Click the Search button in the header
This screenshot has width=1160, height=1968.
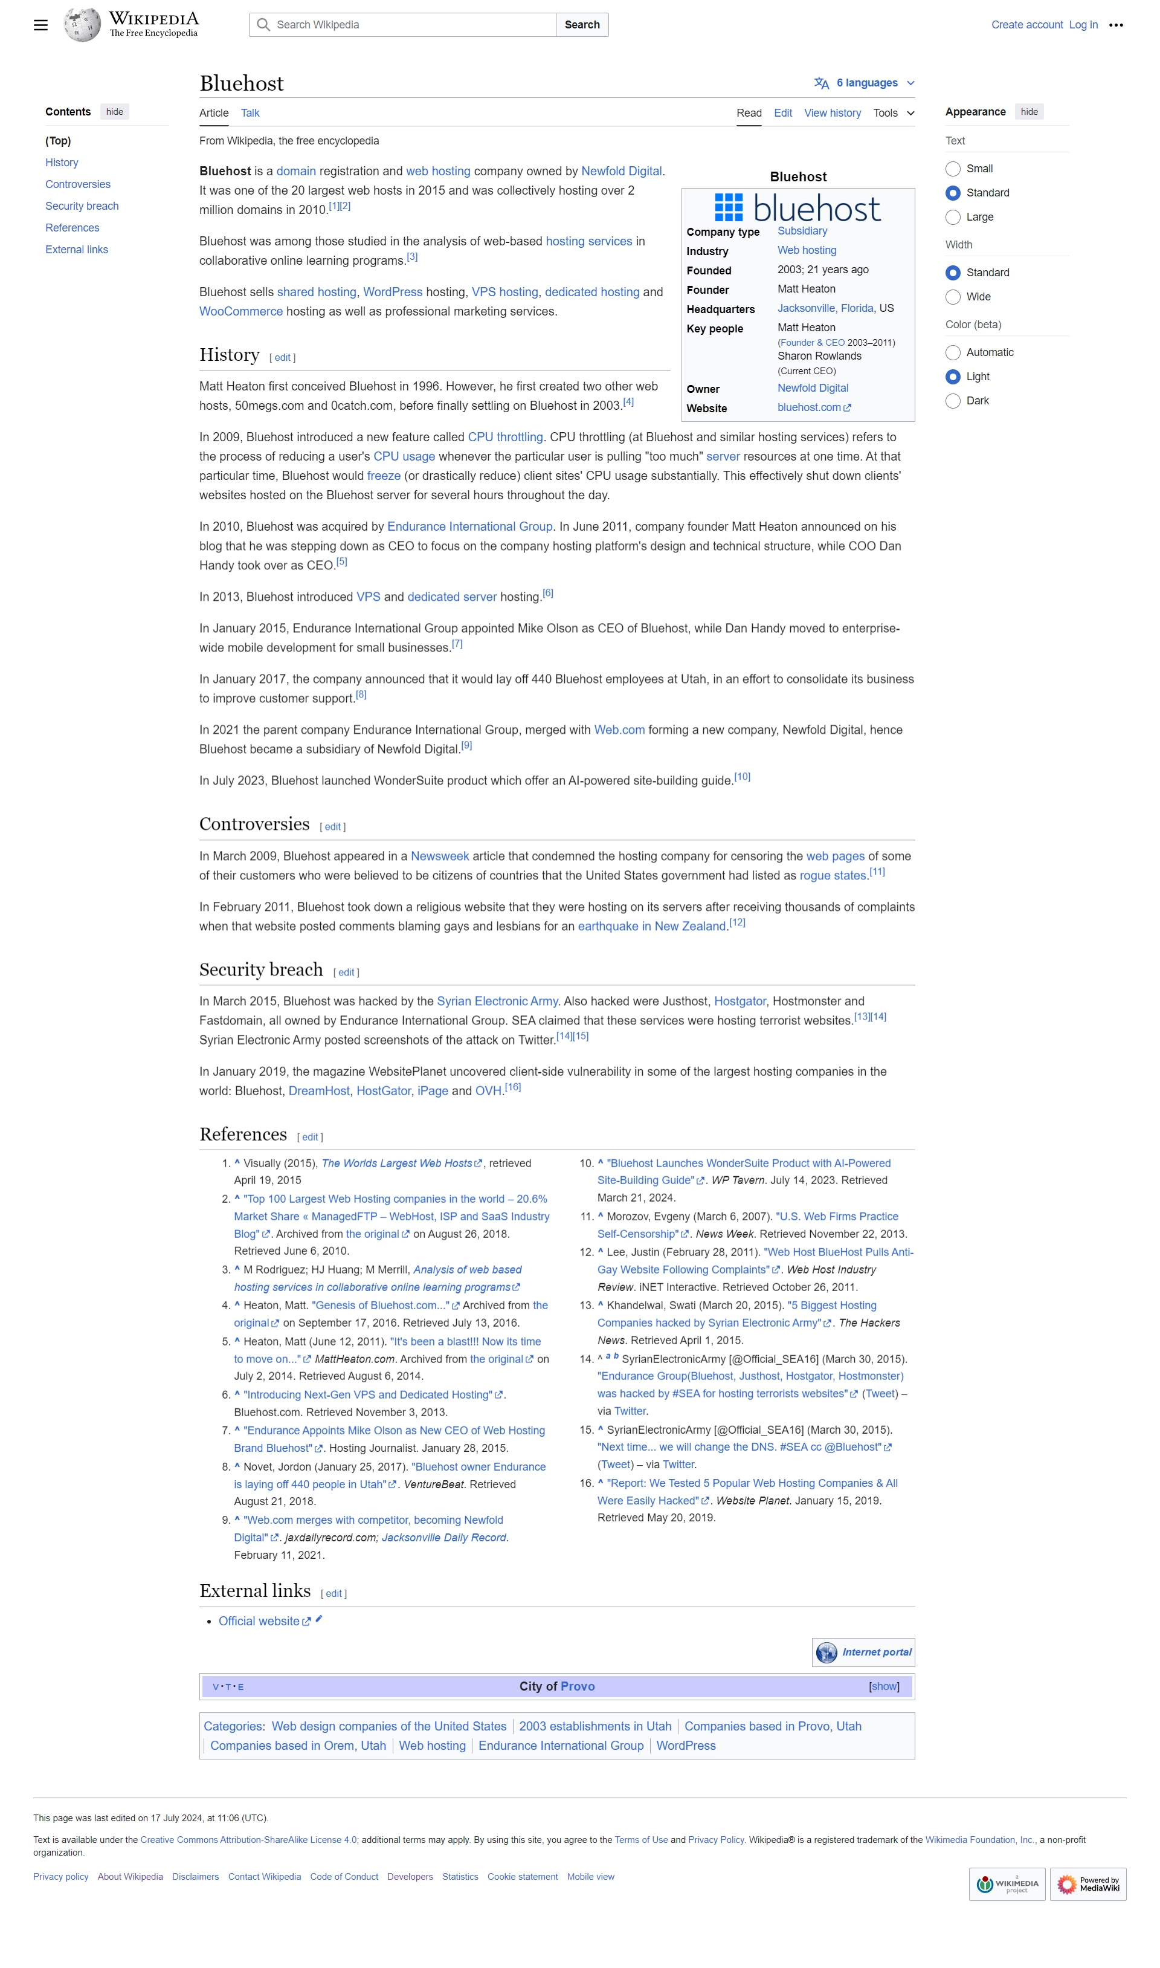tap(582, 25)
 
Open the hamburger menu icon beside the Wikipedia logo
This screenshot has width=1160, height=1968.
tap(40, 25)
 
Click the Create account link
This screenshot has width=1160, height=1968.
tap(1026, 25)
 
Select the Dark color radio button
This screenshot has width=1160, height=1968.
tap(952, 401)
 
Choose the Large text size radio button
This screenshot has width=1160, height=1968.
tap(952, 218)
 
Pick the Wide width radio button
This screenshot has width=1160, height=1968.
tap(952, 297)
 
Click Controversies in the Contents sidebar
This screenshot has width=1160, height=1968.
tap(78, 184)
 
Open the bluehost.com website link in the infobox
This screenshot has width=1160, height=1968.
tap(809, 408)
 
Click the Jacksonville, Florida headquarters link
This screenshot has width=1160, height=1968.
tap(825, 309)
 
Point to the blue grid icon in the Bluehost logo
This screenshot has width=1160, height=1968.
tap(729, 208)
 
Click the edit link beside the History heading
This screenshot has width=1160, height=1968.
tap(282, 358)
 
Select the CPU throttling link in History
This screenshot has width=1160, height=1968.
tap(505, 437)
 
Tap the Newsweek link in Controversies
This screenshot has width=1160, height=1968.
tap(439, 856)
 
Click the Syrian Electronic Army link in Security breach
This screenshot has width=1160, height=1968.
tap(497, 1001)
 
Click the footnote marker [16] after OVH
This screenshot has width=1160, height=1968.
tap(513, 1087)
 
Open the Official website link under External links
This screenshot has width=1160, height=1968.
tap(259, 1622)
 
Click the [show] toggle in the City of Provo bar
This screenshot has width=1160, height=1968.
tap(883, 1686)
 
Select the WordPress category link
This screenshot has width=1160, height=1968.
tap(686, 1746)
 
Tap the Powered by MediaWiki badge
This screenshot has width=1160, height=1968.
tap(1087, 1885)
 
